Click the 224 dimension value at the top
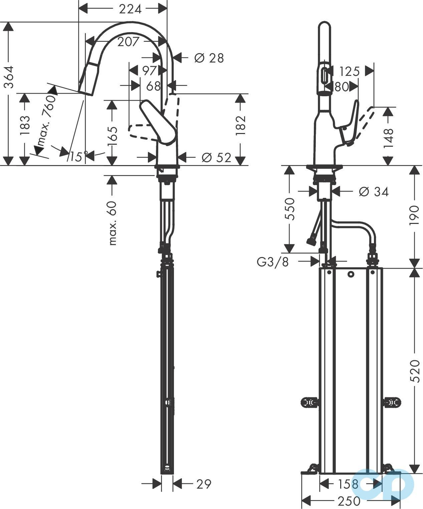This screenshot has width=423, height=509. coord(130,9)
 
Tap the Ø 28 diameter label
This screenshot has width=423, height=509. coord(209,58)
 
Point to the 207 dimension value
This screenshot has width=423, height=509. coord(128,42)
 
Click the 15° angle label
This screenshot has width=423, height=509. coord(79,156)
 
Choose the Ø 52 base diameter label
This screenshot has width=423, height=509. coord(216,157)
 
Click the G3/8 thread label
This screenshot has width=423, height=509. coord(273,262)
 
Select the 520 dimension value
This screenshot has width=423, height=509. coord(414,371)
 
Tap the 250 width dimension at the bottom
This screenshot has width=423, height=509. coord(349,501)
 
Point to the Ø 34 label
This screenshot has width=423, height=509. coord(374,192)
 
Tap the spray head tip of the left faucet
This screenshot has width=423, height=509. coord(85,92)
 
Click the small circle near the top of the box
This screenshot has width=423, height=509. coord(350,274)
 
